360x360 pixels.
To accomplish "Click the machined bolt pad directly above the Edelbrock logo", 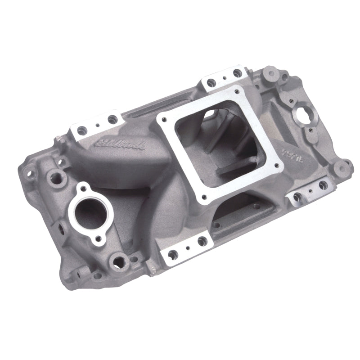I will click(x=95, y=126).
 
